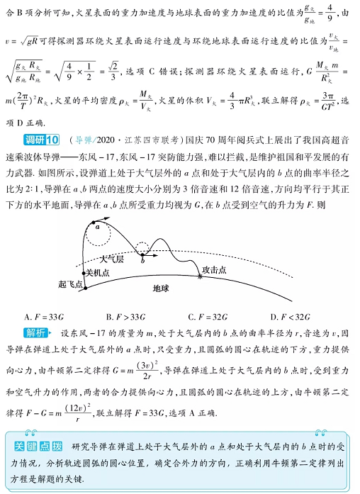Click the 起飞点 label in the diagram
pos(70,283)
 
